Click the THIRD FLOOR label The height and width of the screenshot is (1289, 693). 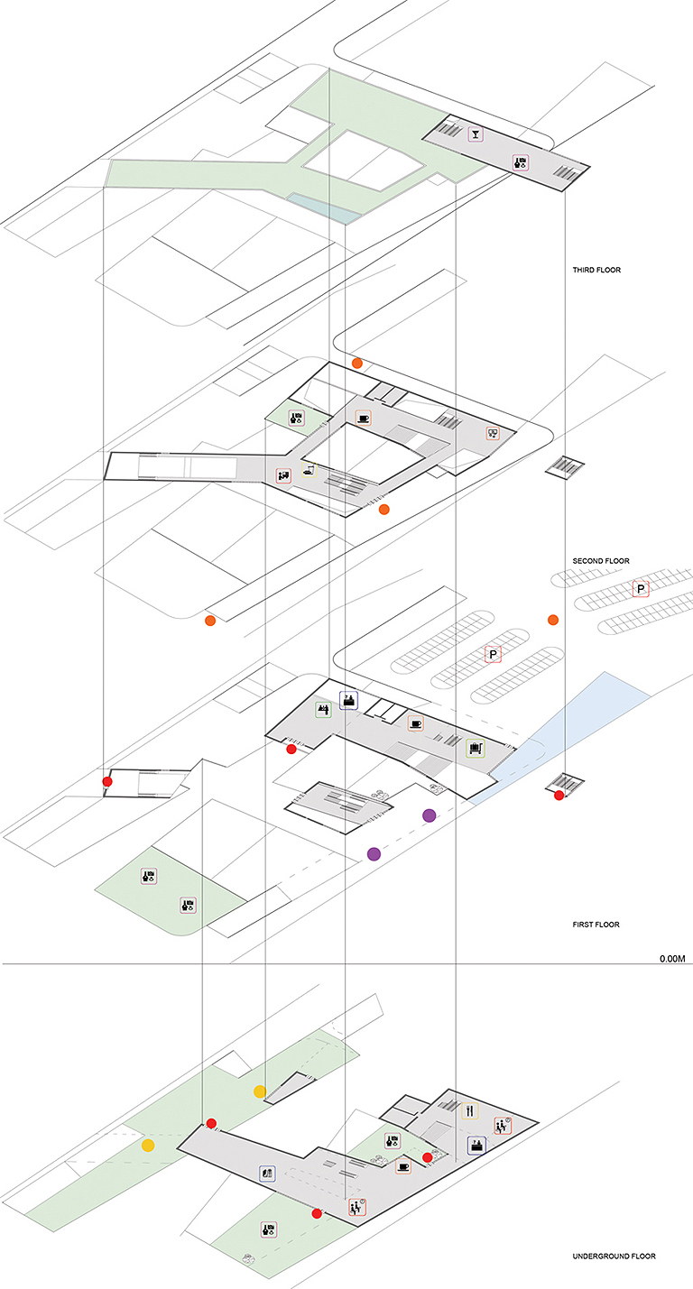click(x=596, y=271)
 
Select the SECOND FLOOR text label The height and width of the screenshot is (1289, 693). click(x=600, y=561)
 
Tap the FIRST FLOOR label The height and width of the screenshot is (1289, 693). click(x=595, y=925)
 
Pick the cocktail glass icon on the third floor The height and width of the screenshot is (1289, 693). click(x=475, y=136)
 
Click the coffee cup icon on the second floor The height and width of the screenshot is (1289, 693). click(x=363, y=418)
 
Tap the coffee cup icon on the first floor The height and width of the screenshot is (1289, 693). click(x=415, y=723)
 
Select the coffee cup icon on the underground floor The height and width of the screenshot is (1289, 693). click(x=403, y=1166)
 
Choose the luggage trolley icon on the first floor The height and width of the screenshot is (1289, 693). click(x=475, y=747)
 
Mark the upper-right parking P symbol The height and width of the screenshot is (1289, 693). click(x=641, y=589)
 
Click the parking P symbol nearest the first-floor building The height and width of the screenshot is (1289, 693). click(x=493, y=655)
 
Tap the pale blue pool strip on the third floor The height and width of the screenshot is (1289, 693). click(x=323, y=207)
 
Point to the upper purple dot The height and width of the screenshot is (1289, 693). click(x=429, y=815)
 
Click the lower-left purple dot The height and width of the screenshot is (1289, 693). click(x=374, y=853)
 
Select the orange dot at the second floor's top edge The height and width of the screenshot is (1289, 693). click(x=357, y=363)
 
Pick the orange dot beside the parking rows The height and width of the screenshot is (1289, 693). click(x=552, y=620)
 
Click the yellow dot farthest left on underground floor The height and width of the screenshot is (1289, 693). click(x=148, y=1146)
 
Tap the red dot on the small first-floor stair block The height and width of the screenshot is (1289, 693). click(x=559, y=795)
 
